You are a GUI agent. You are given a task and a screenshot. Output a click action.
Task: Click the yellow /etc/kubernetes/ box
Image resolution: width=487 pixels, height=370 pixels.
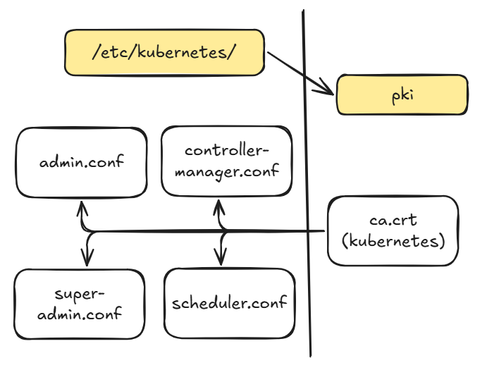165,53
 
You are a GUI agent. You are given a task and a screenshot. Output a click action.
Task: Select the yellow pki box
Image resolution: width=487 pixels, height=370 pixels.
402,95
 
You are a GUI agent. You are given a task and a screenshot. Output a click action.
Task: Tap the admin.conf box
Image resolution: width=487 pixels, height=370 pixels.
81,162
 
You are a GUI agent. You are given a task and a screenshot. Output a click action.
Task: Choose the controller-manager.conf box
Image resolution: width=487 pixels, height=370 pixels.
226,161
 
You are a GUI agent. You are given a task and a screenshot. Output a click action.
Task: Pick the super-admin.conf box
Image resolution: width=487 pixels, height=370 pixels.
79,303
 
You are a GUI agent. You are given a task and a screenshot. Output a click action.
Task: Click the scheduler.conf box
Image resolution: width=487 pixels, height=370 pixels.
229,303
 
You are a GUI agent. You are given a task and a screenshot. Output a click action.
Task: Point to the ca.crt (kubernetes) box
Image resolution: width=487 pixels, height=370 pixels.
393,231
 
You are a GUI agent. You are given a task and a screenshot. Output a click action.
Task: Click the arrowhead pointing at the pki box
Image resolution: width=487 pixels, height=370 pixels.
327,90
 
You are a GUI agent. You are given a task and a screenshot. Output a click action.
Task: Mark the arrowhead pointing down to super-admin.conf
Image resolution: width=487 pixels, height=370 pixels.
87,259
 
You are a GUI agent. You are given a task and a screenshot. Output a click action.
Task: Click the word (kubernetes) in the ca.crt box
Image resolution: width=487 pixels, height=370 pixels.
393,242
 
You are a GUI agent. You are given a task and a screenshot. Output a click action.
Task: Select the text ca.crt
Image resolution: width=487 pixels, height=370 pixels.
393,221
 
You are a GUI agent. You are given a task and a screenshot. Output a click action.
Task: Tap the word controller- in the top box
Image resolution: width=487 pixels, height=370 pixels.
227,151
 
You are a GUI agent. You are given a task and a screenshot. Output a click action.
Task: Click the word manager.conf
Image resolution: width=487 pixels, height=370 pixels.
227,171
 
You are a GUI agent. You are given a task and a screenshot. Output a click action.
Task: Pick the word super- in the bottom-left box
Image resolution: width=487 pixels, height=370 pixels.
79,293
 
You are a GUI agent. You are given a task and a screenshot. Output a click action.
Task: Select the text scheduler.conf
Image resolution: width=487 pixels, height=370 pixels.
229,303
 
